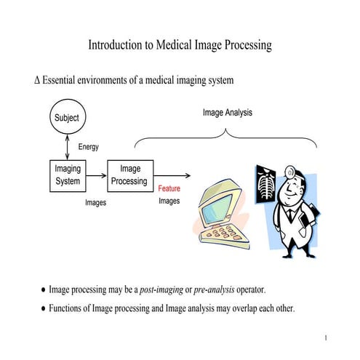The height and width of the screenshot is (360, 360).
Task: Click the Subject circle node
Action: pos(67,117)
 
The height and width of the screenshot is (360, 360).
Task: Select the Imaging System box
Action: pos(68,175)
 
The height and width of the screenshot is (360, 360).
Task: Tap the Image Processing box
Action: pos(131,175)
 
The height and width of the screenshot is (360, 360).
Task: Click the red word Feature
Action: pos(169,188)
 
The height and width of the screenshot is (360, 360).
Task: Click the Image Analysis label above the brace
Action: pos(228,112)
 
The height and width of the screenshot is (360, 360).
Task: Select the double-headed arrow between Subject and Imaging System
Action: pos(67,147)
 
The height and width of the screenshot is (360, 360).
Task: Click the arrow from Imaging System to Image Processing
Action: pos(97,175)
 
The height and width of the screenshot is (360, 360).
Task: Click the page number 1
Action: pos(327,338)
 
